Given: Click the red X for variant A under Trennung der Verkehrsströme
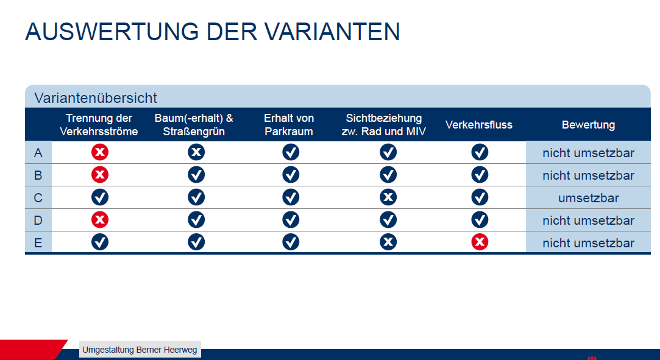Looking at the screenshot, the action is tap(100, 152).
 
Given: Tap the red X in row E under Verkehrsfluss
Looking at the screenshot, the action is tap(480, 242).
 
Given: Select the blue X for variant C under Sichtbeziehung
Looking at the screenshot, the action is tap(388, 197).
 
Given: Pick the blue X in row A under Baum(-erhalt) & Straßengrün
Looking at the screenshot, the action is tap(196, 152).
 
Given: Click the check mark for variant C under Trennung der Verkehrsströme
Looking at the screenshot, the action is tap(100, 197).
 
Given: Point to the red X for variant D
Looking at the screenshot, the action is tap(100, 219).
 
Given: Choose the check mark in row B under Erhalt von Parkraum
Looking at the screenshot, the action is tap(291, 175).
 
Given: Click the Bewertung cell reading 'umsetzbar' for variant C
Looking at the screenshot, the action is tap(589, 197).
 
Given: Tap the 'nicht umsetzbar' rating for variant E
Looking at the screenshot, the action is tap(589, 242).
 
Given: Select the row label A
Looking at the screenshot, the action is tap(38, 153).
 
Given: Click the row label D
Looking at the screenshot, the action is tap(38, 221).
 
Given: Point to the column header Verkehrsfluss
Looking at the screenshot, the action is tap(479, 125).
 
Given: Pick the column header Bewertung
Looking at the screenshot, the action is tap(589, 125).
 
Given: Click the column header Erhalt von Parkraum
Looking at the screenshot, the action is tap(289, 124).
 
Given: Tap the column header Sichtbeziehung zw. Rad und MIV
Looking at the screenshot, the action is tap(384, 124).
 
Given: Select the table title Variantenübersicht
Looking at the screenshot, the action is tap(96, 98).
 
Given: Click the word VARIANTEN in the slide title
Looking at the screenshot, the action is tap(332, 32).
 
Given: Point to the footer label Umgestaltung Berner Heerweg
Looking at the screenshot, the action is tap(140, 350).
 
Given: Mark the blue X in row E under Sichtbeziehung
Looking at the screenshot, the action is tap(388, 242).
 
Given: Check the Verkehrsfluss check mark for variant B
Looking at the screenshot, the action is tap(480, 175).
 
